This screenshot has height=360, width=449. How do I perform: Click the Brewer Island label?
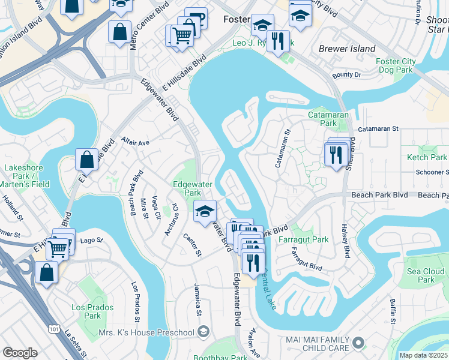(347, 49)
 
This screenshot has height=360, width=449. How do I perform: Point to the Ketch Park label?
(427, 157)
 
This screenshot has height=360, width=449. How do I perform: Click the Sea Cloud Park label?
(426, 275)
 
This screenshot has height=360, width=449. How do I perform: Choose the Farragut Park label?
(304, 239)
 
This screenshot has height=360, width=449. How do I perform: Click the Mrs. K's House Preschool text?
(154, 332)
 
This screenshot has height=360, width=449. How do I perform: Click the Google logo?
(20, 353)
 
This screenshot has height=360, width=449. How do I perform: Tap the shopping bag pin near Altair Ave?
(86, 160)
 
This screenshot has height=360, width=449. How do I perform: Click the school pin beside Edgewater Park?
(205, 211)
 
